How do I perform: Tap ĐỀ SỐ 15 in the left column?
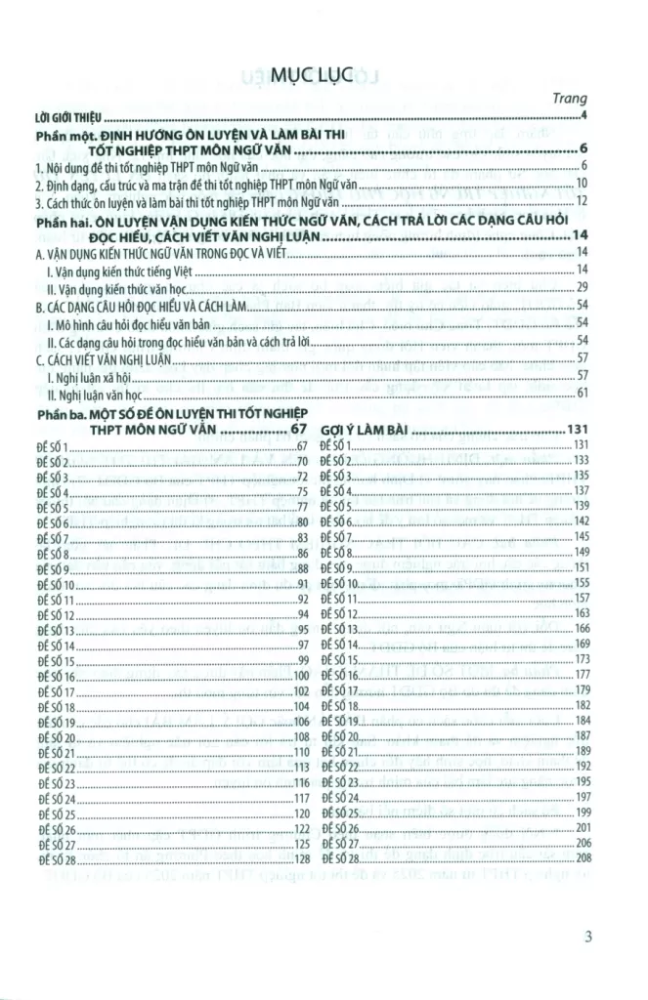[56, 661]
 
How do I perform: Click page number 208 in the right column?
[583, 858]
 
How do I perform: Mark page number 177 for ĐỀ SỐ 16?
[583, 674]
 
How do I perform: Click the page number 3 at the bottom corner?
[588, 938]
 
